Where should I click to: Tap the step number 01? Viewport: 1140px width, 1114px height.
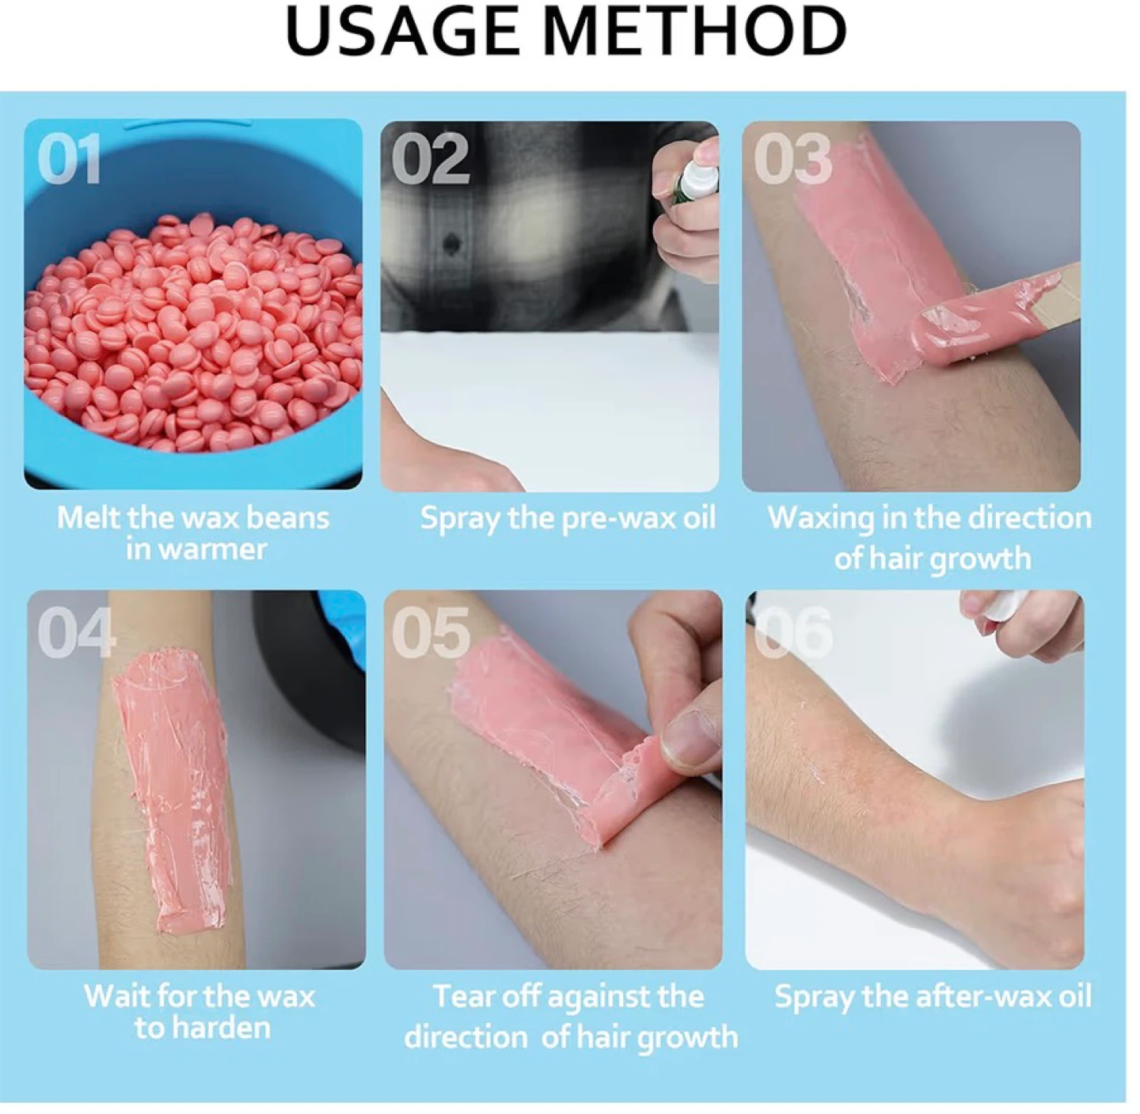pyautogui.click(x=69, y=159)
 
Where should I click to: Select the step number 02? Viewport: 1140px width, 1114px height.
pyautogui.click(x=431, y=159)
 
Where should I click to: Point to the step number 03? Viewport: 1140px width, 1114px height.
pyautogui.click(x=792, y=159)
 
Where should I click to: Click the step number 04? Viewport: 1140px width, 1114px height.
pyautogui.click(x=76, y=632)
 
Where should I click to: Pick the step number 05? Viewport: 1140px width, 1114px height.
pyautogui.click(x=431, y=632)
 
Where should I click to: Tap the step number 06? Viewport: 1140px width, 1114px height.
pyautogui.click(x=792, y=632)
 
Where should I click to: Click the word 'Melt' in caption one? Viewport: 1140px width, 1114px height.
pyautogui.click(x=87, y=518)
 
